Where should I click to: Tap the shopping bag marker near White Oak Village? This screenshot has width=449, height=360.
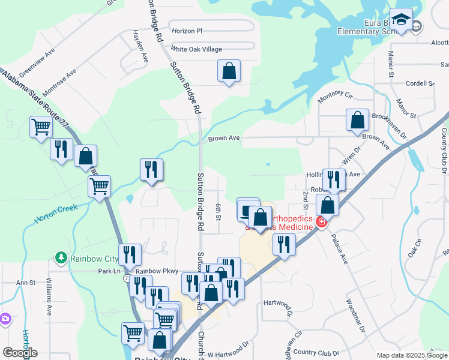coord(229,71)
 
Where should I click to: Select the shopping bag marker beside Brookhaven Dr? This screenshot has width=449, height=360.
coord(357,119)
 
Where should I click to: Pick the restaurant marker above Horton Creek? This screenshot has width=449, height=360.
coord(151,169)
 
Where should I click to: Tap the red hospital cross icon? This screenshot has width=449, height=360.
coord(322,223)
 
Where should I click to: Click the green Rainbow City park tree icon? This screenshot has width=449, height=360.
coord(61,258)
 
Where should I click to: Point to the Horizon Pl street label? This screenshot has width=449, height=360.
coord(187,31)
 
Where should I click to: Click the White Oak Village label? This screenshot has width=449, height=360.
coord(196,49)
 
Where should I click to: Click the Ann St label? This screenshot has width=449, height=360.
coord(26,283)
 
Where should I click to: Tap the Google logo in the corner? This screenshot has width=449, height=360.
coord(20,353)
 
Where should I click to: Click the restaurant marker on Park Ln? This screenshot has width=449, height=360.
coord(129,255)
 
